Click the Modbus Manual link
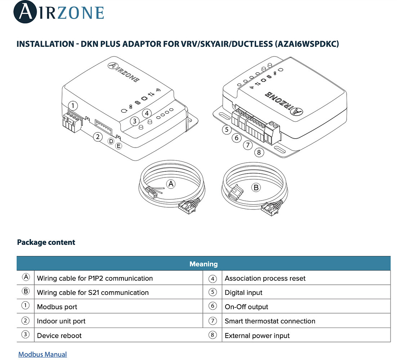click(x=43, y=354)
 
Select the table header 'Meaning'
click(x=204, y=264)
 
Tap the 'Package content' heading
click(x=46, y=242)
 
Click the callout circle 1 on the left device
click(x=73, y=106)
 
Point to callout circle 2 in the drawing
click(x=97, y=137)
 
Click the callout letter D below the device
click(x=111, y=141)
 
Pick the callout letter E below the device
click(x=119, y=146)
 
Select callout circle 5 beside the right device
click(x=226, y=130)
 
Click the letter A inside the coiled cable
click(x=171, y=184)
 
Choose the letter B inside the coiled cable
click(x=256, y=188)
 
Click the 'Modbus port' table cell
click(x=57, y=307)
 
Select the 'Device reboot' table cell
click(x=59, y=336)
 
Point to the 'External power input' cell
click(x=257, y=336)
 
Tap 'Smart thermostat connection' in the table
click(x=270, y=321)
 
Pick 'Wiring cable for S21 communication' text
click(x=93, y=293)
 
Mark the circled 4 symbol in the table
click(x=213, y=278)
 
